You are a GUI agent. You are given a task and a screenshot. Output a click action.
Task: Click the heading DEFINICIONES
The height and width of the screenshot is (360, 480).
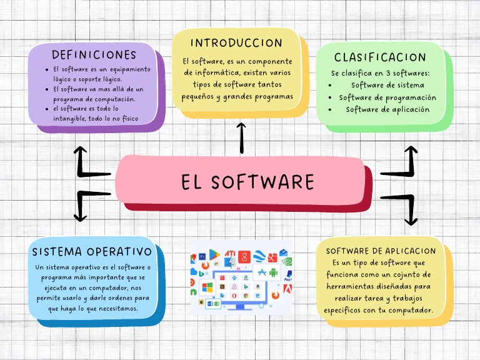(94, 54)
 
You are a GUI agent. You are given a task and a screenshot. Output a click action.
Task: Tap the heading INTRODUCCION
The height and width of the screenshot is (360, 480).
(236, 43)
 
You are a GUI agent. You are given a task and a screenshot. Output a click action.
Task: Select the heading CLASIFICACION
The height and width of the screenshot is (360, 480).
(380, 57)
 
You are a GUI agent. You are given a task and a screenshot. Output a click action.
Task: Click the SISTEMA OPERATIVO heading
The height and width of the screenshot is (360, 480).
(92, 252)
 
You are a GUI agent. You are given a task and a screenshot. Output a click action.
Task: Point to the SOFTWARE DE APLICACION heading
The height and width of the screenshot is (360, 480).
(381, 251)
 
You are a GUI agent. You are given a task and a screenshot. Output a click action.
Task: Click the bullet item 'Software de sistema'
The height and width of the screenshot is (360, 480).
(387, 85)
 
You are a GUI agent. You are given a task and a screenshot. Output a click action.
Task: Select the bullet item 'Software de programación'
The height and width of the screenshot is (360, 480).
(387, 97)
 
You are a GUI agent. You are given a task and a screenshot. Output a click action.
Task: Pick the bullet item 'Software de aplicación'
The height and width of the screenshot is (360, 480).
(387, 109)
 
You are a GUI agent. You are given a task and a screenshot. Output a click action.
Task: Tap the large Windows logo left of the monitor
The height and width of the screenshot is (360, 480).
(208, 287)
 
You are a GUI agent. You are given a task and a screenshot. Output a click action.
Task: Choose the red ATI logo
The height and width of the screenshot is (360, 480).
(229, 252)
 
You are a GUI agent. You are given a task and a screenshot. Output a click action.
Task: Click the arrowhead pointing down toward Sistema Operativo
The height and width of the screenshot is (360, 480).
(80, 217)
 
